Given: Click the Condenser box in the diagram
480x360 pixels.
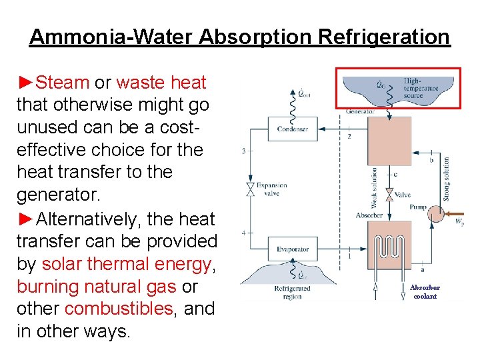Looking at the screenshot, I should click(287, 128).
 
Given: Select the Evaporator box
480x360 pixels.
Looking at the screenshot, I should click(293, 249).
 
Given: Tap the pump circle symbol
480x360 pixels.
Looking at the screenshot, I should click(436, 215).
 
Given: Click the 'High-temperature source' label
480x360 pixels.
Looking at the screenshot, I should click(414, 88).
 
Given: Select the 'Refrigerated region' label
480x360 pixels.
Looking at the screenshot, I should click(293, 292).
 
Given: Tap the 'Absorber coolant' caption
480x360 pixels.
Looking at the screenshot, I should click(425, 292).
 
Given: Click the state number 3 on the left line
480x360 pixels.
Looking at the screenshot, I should click(243, 151).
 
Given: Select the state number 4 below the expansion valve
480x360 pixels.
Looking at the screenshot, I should click(243, 232).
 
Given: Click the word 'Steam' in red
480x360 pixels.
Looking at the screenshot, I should click(63, 83).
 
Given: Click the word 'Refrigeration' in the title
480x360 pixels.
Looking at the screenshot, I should click(385, 37).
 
